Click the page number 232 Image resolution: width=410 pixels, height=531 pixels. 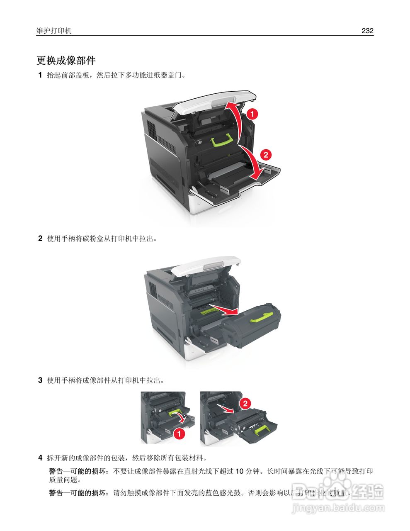pyautogui.click(x=367, y=31)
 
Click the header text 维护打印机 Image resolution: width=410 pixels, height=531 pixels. pyautogui.click(x=54, y=31)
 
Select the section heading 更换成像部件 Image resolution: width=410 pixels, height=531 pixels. pyautogui.click(x=66, y=61)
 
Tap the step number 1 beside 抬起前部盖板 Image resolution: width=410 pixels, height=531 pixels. pyautogui.click(x=40, y=75)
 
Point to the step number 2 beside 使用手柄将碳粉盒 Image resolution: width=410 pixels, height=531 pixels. pyautogui.click(x=40, y=239)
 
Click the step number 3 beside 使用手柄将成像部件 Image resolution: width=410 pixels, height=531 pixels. pyautogui.click(x=40, y=380)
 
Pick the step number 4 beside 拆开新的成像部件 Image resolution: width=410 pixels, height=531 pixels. pyautogui.click(x=40, y=458)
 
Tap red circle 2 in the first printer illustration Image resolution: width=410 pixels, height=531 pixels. pyautogui.click(x=265, y=155)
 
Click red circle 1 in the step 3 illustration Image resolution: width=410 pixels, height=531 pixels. pyautogui.click(x=179, y=434)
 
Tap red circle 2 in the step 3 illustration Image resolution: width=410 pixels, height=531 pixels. pyautogui.click(x=245, y=403)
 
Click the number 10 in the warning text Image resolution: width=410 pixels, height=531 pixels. pyautogui.click(x=240, y=471)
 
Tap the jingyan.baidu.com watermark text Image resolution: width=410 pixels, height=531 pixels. pyautogui.click(x=338, y=507)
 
